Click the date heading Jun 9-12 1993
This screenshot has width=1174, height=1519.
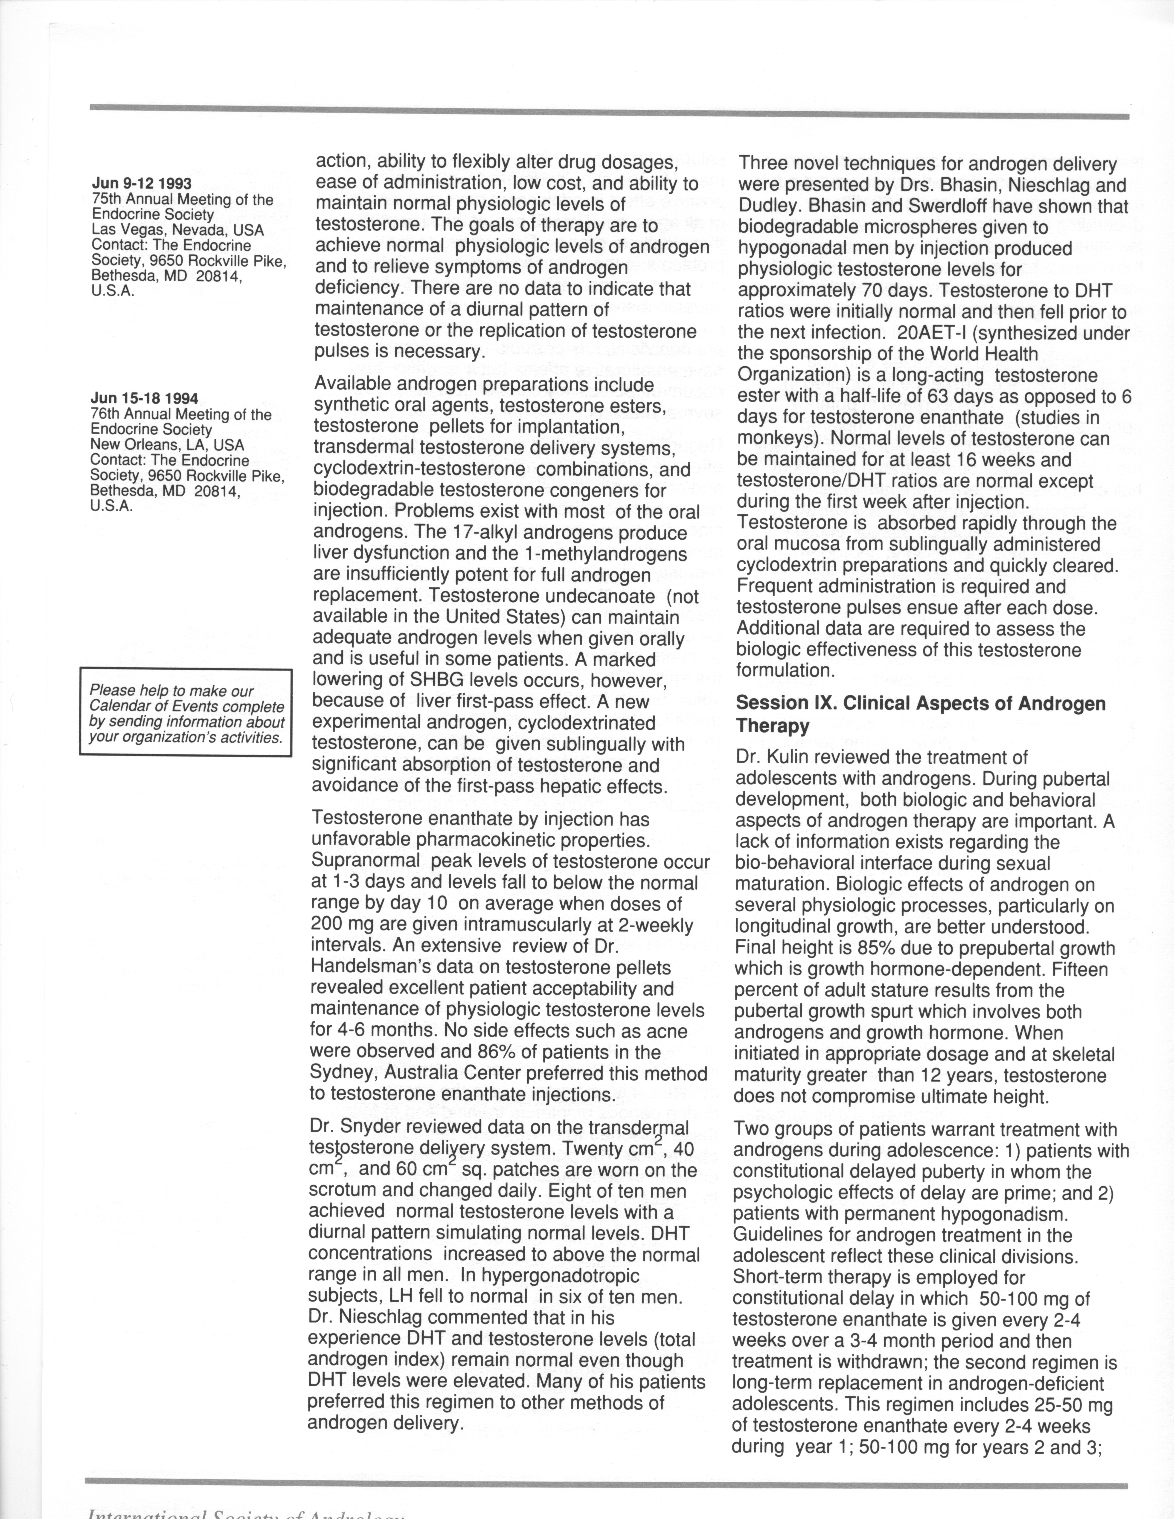tap(142, 184)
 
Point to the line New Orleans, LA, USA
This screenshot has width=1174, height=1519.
tap(167, 444)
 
